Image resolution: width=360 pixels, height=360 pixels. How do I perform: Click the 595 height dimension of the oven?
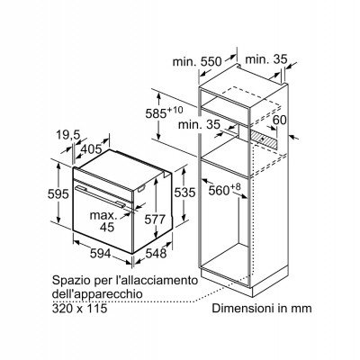point(58,194)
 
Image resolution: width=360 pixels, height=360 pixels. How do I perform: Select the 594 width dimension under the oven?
point(101,254)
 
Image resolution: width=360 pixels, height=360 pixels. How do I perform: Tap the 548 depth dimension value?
point(156,254)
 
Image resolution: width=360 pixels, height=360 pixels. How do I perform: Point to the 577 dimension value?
point(155,220)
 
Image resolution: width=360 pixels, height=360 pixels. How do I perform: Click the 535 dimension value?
point(184,193)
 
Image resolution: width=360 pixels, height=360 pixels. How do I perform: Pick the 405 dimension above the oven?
point(92,148)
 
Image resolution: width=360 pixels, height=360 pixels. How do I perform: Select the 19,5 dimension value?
point(68,135)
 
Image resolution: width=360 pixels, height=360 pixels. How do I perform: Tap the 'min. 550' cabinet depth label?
point(197,62)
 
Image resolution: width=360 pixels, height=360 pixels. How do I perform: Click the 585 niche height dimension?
point(164,112)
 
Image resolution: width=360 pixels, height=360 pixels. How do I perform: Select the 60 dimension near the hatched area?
point(280,120)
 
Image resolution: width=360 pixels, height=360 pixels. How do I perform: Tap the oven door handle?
point(101,196)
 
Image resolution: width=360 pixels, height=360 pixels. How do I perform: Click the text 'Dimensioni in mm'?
point(262,308)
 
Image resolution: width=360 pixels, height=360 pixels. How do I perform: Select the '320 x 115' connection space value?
point(79,308)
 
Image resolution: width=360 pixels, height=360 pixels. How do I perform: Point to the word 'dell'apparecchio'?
point(97,294)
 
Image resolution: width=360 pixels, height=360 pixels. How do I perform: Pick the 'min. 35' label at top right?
point(266,59)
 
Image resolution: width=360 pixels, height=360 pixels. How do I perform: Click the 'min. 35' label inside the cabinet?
point(199,124)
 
